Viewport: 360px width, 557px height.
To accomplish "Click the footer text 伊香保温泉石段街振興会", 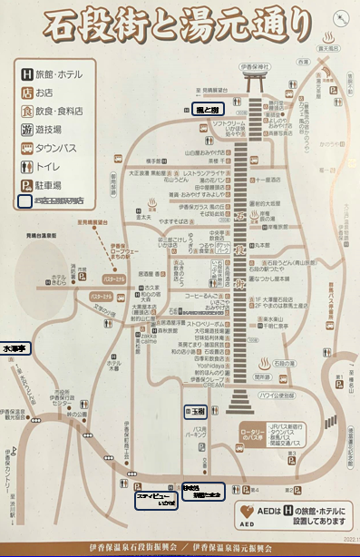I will click(137, 547).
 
